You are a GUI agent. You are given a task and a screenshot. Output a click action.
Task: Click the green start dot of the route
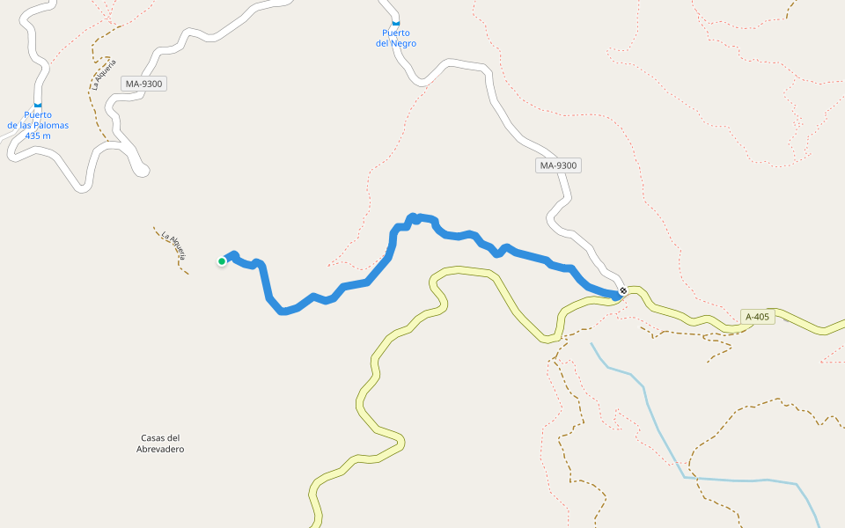[222, 261]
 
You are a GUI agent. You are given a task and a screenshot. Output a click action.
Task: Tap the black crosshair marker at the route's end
[623, 290]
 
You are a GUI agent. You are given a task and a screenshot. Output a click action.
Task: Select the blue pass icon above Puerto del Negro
[395, 23]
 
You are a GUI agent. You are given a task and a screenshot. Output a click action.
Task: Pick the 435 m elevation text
[38, 136]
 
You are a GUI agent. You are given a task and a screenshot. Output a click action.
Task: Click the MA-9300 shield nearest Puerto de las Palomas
[144, 84]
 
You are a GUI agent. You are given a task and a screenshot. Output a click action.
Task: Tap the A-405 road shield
[758, 317]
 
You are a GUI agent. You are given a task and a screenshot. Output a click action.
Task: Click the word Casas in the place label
[152, 438]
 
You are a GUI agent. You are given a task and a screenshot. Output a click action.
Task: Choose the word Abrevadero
[160, 449]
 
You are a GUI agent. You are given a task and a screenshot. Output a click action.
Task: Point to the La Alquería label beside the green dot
[174, 246]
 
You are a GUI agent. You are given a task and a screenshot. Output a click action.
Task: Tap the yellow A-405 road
[378, 352]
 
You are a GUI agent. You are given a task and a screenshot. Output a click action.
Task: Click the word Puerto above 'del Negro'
[395, 33]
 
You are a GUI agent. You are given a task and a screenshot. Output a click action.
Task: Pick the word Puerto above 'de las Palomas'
[38, 114]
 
